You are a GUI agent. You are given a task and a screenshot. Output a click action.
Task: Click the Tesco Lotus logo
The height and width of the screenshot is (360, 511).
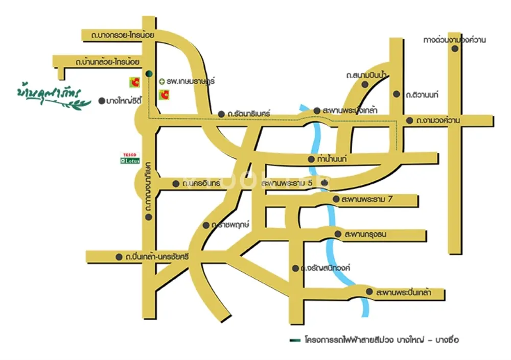coord(129,158)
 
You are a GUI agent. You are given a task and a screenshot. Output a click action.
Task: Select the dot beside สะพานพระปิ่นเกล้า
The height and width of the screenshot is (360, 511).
coord(369,292)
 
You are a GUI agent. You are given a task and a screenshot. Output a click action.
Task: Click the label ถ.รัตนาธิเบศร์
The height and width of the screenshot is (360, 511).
coord(249,113)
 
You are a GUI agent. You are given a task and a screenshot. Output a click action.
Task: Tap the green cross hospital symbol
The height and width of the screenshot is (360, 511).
coord(161,81)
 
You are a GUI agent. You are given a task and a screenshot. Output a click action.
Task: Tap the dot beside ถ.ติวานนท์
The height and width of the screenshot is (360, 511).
coord(397,94)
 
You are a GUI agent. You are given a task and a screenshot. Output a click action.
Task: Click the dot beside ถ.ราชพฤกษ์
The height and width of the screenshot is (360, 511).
coord(206,225)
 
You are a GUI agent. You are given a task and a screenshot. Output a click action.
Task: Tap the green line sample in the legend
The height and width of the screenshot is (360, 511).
coord(293,339)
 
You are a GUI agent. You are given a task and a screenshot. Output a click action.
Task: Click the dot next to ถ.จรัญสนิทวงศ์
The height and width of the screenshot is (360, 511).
coord(295,268)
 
